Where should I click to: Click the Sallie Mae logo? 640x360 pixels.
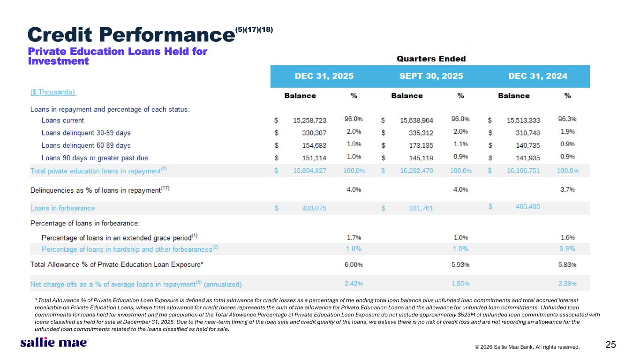(x=54, y=343)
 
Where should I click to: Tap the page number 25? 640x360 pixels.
(x=610, y=345)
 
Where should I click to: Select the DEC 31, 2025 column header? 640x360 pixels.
(x=324, y=76)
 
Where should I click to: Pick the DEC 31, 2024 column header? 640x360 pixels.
(x=537, y=76)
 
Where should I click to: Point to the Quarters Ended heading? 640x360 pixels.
(x=431, y=59)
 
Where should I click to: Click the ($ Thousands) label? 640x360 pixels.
(x=53, y=92)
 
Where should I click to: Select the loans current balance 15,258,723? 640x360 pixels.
(x=309, y=120)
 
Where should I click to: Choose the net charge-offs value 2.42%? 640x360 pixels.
(x=354, y=284)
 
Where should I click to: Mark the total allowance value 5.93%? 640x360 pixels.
(x=460, y=264)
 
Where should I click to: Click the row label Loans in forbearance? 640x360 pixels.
(x=62, y=208)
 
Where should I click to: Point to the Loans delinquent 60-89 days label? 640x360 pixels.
(x=86, y=145)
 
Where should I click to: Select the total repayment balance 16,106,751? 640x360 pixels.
(x=523, y=171)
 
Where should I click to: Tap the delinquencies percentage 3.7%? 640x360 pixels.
(x=567, y=189)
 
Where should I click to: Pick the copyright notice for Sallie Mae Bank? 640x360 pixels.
(x=527, y=347)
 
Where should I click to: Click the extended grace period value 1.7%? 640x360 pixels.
(x=354, y=237)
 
